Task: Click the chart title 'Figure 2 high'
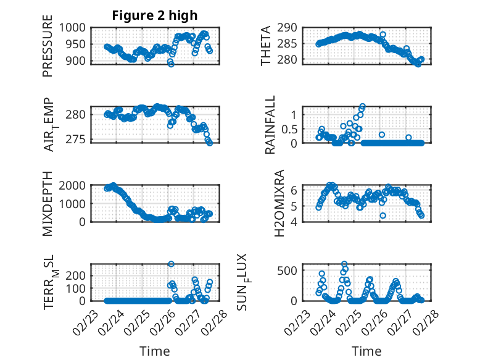coord(154,15)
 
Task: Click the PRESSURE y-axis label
coord(48,51)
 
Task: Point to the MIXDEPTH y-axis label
coord(48,203)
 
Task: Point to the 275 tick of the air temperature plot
coord(78,139)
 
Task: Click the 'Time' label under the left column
coord(154,351)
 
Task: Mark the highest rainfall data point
coord(363,106)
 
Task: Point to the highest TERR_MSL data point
coord(171,264)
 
